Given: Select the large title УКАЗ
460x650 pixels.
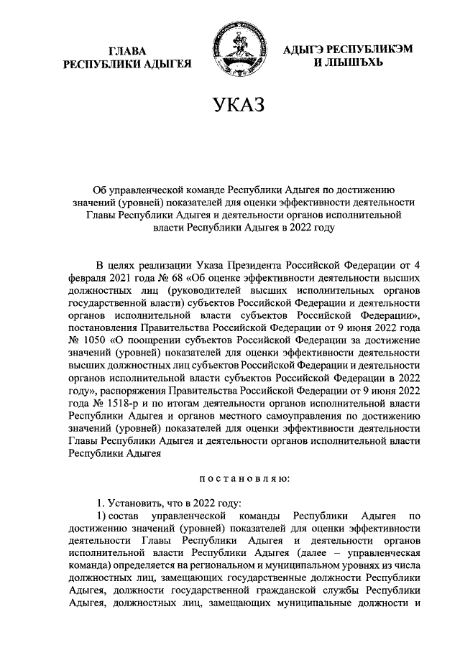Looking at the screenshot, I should tap(238, 106).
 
